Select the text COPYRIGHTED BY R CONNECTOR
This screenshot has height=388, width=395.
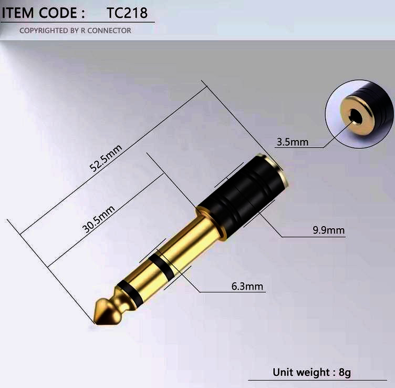pyautogui.click(x=75, y=30)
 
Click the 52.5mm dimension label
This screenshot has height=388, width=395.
pyautogui.click(x=106, y=158)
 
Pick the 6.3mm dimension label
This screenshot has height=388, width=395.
pyautogui.click(x=247, y=287)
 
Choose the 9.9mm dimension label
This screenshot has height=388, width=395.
pyautogui.click(x=328, y=230)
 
